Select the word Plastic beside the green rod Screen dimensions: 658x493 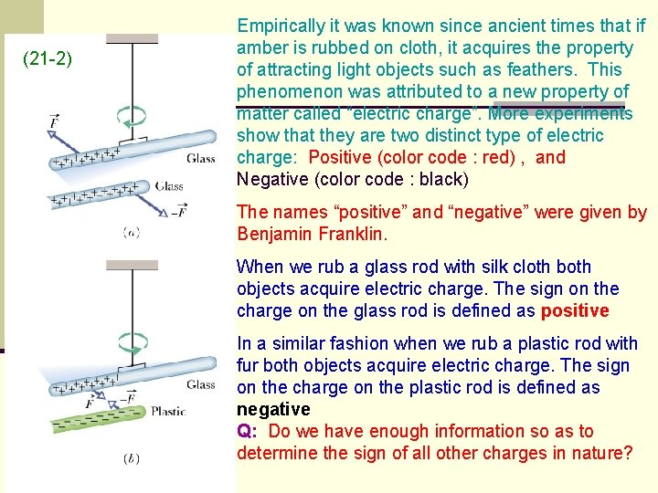[x=168, y=411]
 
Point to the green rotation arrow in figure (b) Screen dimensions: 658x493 [x=133, y=344]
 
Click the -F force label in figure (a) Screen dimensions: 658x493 [x=180, y=213]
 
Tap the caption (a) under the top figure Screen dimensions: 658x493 [x=132, y=232]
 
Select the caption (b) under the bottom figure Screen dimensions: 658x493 [x=132, y=458]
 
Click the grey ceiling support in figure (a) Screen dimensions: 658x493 [x=133, y=38]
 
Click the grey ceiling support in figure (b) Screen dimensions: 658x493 [x=133, y=264]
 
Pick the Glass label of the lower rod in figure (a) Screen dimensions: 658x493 [x=169, y=186]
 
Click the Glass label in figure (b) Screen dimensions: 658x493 [x=200, y=384]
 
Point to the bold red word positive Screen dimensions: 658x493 [x=575, y=311]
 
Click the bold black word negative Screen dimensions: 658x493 [x=273, y=409]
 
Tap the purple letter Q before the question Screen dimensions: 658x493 [x=244, y=431]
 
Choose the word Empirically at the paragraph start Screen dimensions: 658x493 [x=281, y=26]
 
